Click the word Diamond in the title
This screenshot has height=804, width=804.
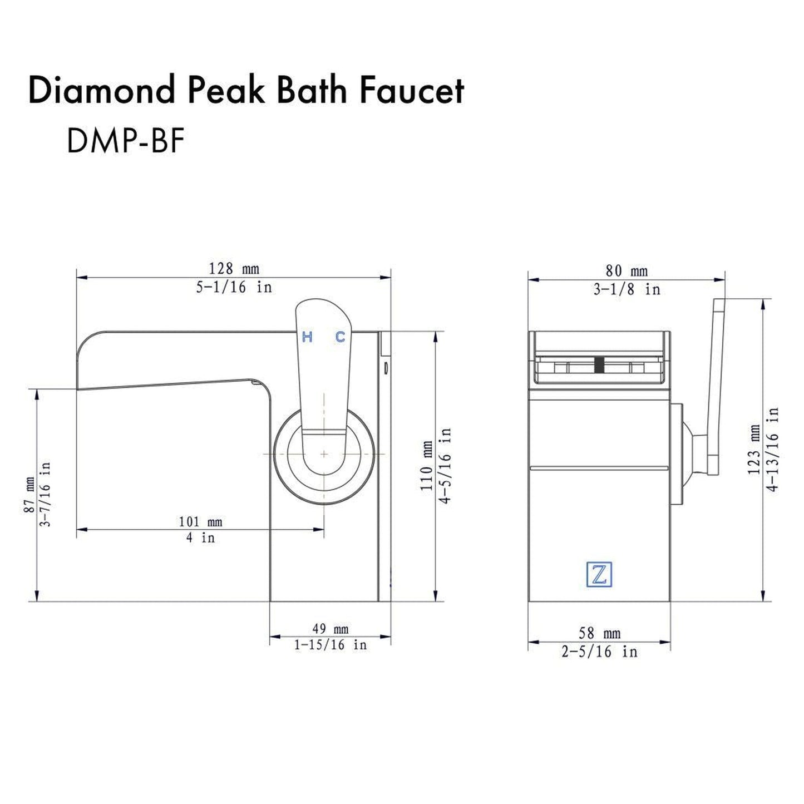101,91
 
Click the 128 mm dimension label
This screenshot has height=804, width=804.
234,269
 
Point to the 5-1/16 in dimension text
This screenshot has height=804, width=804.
234,287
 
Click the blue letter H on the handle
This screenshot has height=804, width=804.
307,337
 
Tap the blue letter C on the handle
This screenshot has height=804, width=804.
340,337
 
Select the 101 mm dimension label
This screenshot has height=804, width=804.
200,522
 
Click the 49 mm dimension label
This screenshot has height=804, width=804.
330,629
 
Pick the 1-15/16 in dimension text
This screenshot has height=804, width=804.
330,645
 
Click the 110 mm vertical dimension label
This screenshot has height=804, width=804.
427,466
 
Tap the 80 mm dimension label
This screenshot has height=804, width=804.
627,271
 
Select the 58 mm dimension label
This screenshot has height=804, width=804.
599,633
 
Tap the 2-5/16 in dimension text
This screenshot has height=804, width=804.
599,652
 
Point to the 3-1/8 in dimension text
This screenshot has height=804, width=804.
627,289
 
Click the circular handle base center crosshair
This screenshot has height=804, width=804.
324,454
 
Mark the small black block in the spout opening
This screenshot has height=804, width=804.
599,364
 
